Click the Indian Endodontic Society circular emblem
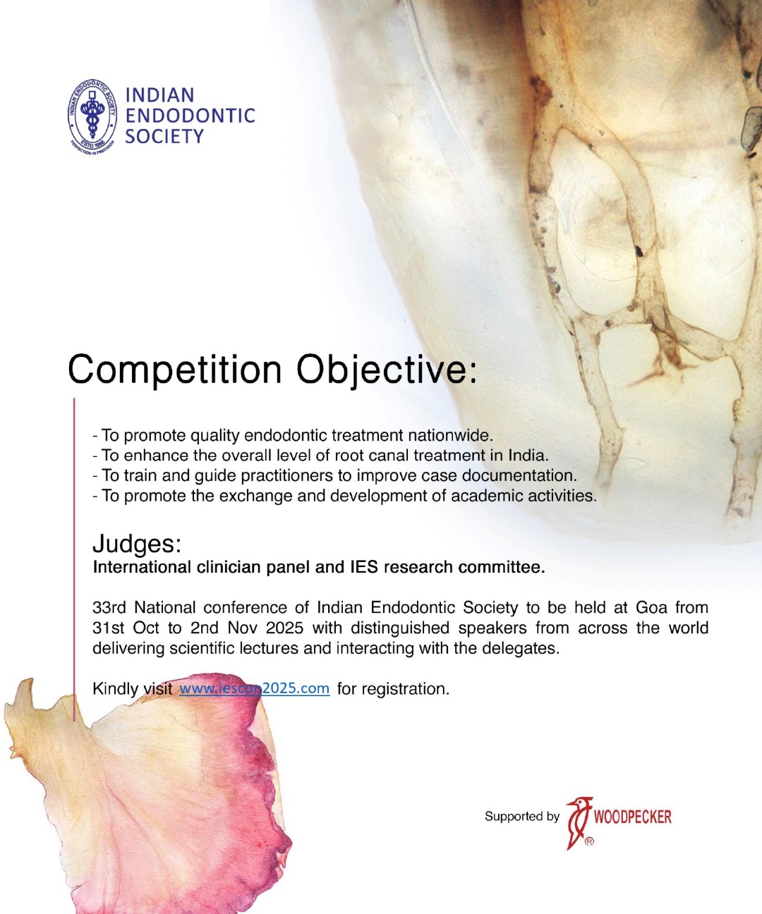pyautogui.click(x=92, y=118)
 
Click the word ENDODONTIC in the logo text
pyautogui.click(x=190, y=116)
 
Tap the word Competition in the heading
pyautogui.click(x=174, y=370)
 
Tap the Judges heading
pyautogui.click(x=137, y=544)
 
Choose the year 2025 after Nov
pyautogui.click(x=284, y=628)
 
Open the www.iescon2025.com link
pyautogui.click(x=255, y=688)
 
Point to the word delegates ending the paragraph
pyautogui.click(x=521, y=648)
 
